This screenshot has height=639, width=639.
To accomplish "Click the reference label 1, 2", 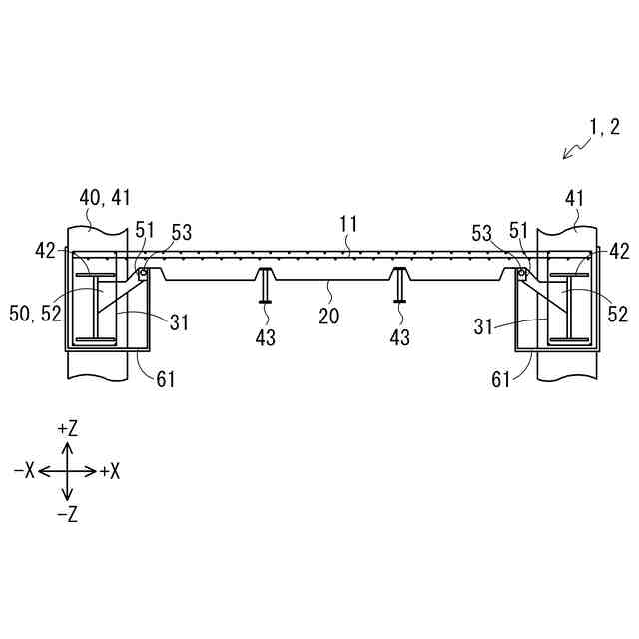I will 604,127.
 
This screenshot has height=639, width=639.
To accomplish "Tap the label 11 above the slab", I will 348,226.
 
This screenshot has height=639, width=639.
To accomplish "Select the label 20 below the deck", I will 328,317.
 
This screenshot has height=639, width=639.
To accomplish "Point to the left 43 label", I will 265,338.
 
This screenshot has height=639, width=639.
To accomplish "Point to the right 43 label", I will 399,338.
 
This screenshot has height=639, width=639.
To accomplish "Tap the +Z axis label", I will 68,428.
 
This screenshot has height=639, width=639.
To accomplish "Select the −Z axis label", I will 68,515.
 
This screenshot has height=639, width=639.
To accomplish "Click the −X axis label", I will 24,471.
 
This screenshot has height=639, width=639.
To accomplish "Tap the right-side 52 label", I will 617,315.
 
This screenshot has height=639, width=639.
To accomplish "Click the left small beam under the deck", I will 265,285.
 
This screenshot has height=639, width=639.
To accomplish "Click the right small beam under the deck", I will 399,285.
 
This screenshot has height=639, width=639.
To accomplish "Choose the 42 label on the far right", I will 619,251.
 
